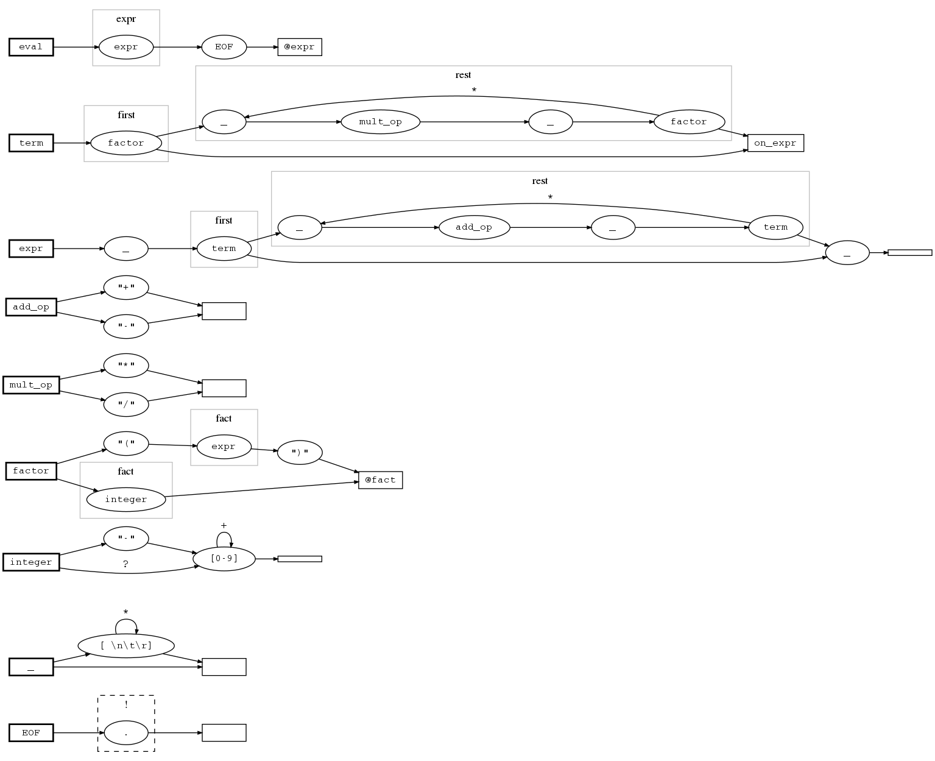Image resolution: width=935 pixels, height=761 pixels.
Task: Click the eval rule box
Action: [31, 47]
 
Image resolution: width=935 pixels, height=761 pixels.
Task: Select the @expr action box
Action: [300, 47]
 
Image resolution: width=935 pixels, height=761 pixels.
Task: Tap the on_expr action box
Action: [775, 143]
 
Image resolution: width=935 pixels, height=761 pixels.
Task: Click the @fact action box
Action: [380, 480]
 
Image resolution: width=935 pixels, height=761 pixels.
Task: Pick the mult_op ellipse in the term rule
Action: [380, 122]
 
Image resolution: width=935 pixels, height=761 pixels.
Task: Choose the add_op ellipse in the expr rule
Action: [474, 227]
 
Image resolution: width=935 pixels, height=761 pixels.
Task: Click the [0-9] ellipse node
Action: [224, 559]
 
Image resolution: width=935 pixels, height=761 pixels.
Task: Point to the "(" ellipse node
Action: [126, 444]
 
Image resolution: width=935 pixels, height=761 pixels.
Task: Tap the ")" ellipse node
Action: [300, 452]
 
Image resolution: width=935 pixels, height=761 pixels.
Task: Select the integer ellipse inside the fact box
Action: [126, 500]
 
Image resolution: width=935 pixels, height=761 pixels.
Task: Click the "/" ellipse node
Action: [126, 405]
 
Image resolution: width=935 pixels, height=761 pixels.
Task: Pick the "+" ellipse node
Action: [126, 287]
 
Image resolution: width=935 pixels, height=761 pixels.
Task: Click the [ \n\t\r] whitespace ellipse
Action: [126, 645]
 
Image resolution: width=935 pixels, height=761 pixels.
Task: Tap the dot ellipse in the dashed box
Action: [126, 733]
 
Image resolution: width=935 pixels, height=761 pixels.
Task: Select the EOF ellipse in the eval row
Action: [224, 47]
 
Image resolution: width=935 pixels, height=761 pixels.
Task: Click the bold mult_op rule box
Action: [31, 385]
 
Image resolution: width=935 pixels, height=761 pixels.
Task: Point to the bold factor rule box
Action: [31, 471]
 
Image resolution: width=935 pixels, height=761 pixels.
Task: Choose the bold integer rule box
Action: [31, 562]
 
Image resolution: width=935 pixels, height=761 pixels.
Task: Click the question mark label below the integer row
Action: [125, 564]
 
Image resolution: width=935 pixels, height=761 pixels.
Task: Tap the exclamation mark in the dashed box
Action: [126, 705]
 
